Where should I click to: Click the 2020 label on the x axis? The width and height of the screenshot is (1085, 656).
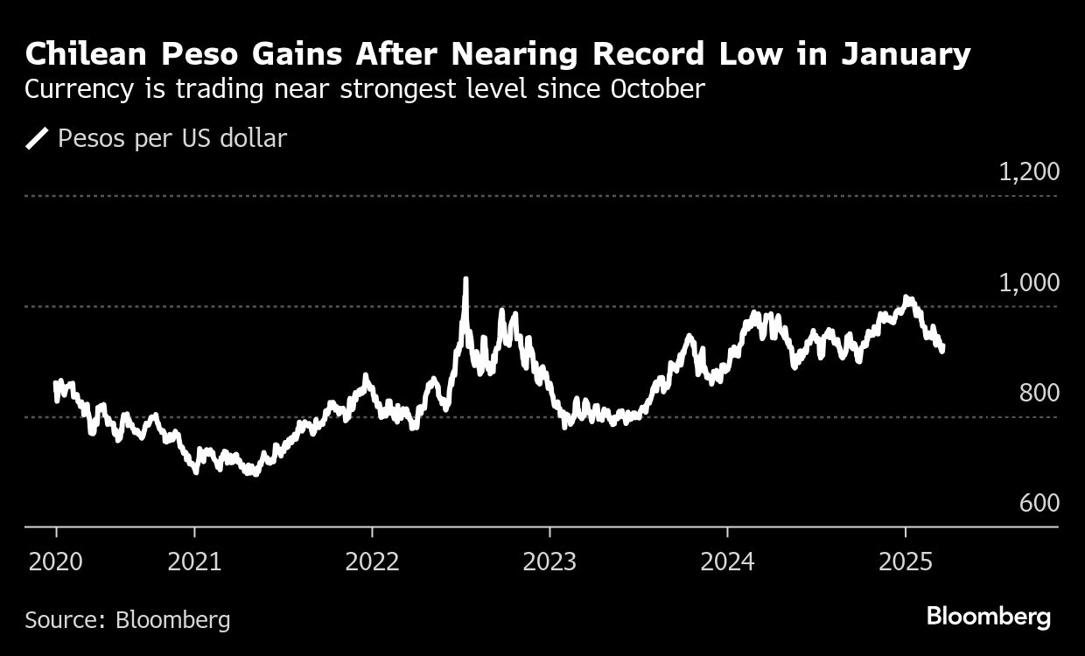[56, 561]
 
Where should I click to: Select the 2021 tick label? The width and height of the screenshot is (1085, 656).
[194, 561]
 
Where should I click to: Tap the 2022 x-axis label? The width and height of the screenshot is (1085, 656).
[372, 561]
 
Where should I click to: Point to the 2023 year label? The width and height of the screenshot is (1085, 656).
[549, 561]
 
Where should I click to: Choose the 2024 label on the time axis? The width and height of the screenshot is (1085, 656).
[727, 561]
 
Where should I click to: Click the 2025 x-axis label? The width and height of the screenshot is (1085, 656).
[904, 561]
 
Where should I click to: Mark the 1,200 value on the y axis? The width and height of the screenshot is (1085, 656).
[1029, 171]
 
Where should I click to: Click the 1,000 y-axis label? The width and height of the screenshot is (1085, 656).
[1029, 283]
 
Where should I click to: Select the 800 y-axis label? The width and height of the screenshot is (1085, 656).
[1039, 393]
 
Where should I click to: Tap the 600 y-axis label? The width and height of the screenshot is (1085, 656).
[1039, 504]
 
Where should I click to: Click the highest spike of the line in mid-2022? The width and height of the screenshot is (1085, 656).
[465, 280]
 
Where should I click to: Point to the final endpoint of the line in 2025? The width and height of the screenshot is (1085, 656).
[942, 350]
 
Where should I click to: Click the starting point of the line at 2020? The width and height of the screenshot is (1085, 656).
[56, 382]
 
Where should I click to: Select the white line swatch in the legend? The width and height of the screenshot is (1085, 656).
[37, 138]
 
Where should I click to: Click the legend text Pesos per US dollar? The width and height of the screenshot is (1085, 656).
[172, 138]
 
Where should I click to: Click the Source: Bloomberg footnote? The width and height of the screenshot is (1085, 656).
[128, 620]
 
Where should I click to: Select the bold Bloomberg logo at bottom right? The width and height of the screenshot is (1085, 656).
[988, 617]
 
